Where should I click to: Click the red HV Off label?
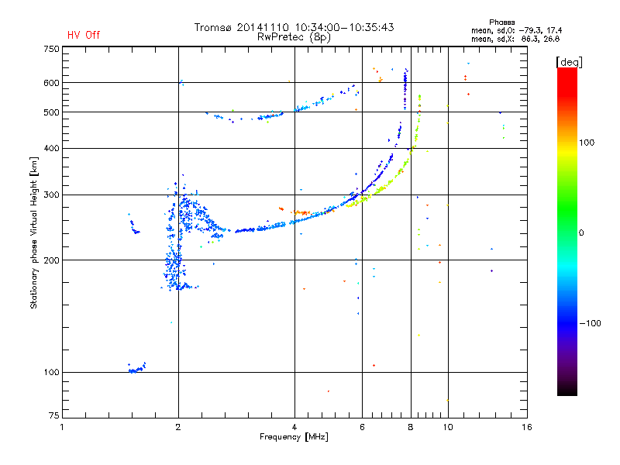pyautogui.click(x=84, y=35)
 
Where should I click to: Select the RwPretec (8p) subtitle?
pyautogui.click(x=294, y=37)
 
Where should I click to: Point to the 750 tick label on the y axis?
pyautogui.click(x=51, y=49)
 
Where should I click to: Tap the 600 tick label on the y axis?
pyautogui.click(x=51, y=83)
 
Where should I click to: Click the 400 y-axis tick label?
pyautogui.click(x=51, y=148)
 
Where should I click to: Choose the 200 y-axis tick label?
pyautogui.click(x=51, y=260)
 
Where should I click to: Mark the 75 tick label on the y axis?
pyautogui.click(x=54, y=415)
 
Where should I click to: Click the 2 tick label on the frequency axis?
pyautogui.click(x=178, y=427)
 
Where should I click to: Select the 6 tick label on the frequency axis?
pyautogui.click(x=362, y=427)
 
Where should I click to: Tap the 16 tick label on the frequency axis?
pyautogui.click(x=527, y=427)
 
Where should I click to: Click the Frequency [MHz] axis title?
pyautogui.click(x=294, y=437)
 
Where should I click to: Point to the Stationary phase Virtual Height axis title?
pyautogui.click(x=33, y=232)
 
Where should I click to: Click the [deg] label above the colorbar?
pyautogui.click(x=569, y=62)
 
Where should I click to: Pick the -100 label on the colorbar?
pyautogui.click(x=590, y=323)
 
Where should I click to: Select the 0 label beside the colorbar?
pyautogui.click(x=581, y=233)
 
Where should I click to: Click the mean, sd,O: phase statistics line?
pyautogui.click(x=516, y=31)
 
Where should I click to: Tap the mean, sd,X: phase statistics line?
pyautogui.click(x=515, y=40)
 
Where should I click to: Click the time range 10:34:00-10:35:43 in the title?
pyautogui.click(x=344, y=27)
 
